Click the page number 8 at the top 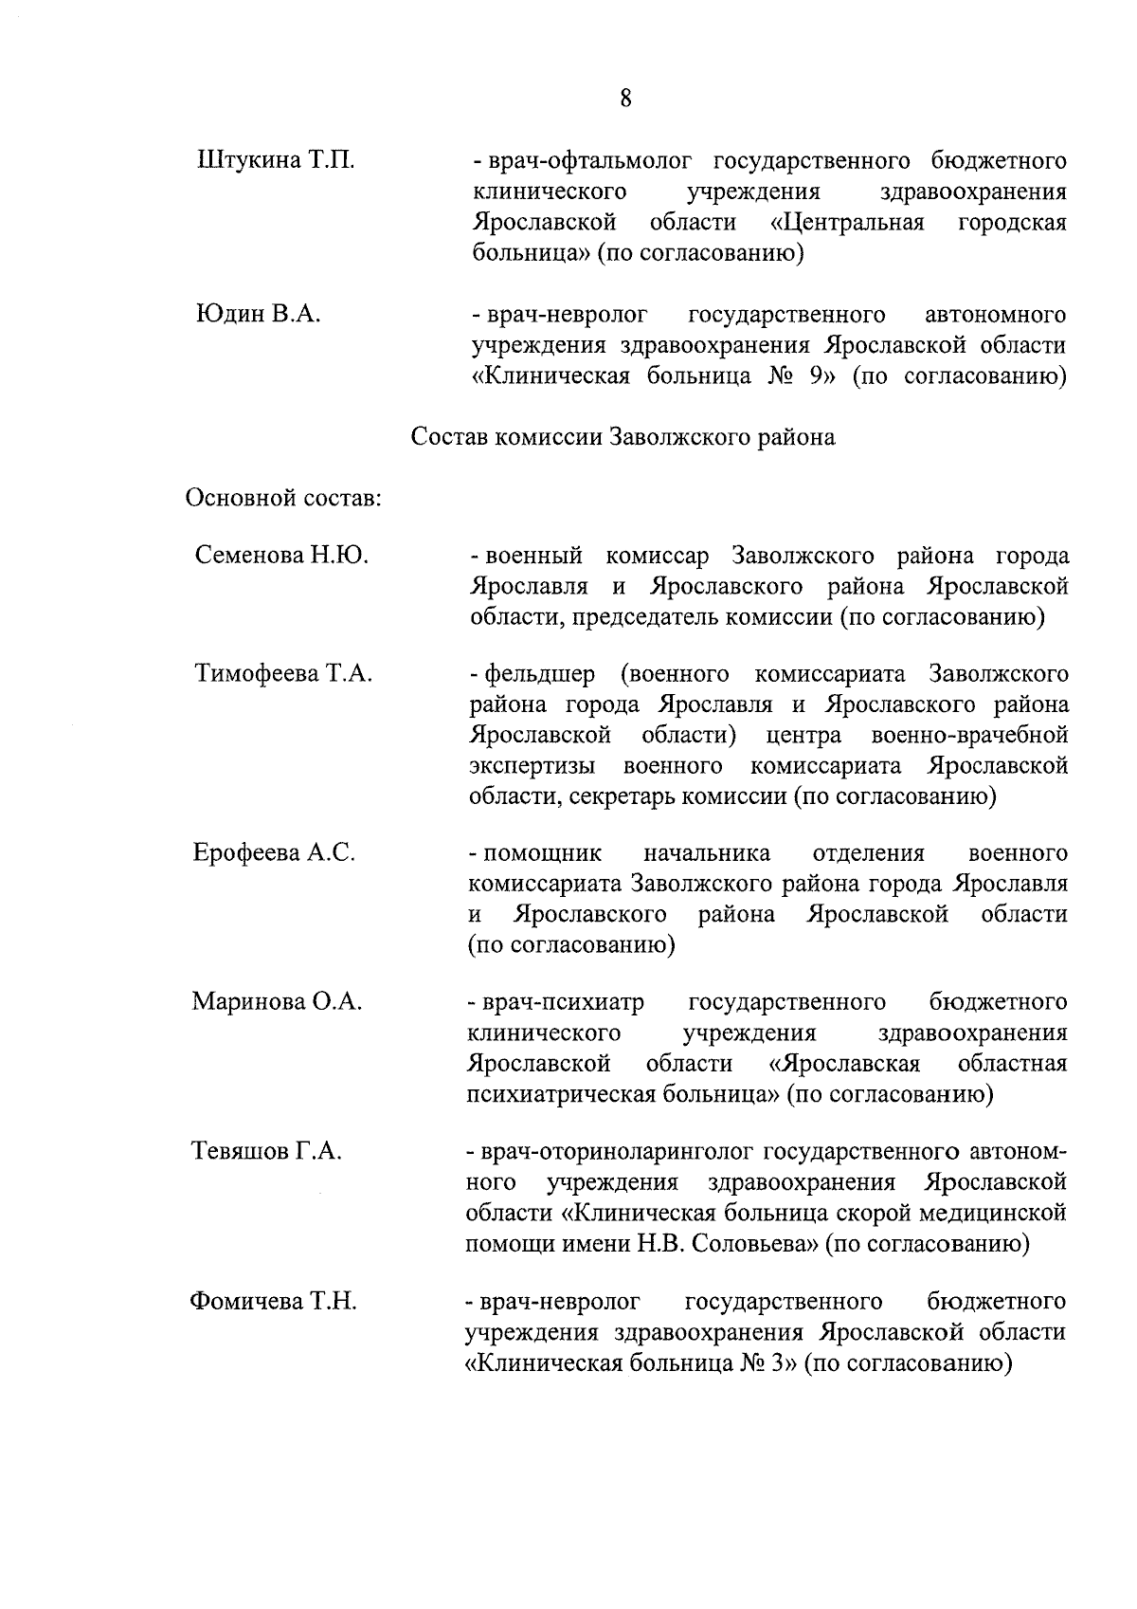[x=626, y=99]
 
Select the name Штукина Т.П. [x=276, y=159]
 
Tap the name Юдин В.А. [x=258, y=314]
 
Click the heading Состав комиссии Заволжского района [x=623, y=438]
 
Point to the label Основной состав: [x=283, y=498]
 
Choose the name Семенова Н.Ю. [x=281, y=556]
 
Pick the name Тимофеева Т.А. [x=283, y=674]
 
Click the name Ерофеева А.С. [x=275, y=852]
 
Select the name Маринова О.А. [x=278, y=1002]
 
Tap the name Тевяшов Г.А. [x=266, y=1152]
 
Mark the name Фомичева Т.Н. [x=274, y=1302]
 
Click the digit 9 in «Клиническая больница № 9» [x=813, y=376]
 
